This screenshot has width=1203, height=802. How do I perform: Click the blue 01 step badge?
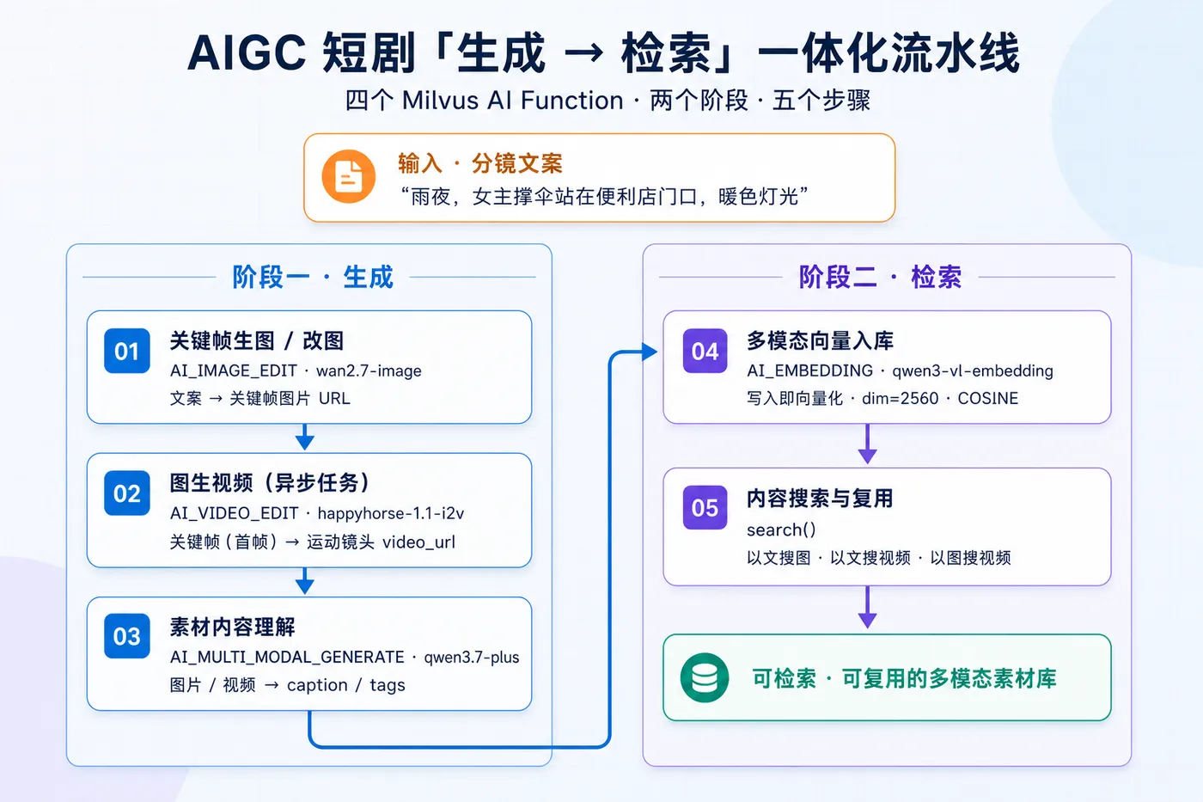pyautogui.click(x=127, y=351)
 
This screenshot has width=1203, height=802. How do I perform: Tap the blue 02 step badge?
pyautogui.click(x=127, y=493)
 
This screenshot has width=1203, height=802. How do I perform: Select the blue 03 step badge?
pyautogui.click(x=127, y=636)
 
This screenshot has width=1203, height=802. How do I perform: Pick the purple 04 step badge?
pyautogui.click(x=705, y=351)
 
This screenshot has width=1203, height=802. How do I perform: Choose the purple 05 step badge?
pyautogui.click(x=705, y=508)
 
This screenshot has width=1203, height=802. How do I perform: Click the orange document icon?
pyautogui.click(x=349, y=176)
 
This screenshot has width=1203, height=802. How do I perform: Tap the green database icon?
pyautogui.click(x=705, y=678)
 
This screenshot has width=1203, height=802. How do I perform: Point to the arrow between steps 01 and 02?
pyautogui.click(x=305, y=437)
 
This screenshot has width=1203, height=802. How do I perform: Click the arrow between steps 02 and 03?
pyautogui.click(x=305, y=581)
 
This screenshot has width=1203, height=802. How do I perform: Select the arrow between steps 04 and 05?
pyautogui.click(x=868, y=444)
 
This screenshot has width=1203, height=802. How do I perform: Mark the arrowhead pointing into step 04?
pyautogui.click(x=650, y=352)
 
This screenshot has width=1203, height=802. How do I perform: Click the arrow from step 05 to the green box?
pyautogui.click(x=868, y=607)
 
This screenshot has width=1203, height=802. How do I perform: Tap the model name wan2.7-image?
pyautogui.click(x=369, y=370)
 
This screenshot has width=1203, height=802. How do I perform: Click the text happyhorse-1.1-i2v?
pyautogui.click(x=391, y=513)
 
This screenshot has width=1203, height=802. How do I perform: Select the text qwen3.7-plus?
pyautogui.click(x=472, y=657)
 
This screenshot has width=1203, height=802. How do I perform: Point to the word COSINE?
pyautogui.click(x=988, y=398)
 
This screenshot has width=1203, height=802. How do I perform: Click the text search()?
pyautogui.click(x=781, y=530)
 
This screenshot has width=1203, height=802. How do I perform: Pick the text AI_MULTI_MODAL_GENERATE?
pyautogui.click(x=287, y=657)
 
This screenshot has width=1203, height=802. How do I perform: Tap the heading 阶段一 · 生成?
pyautogui.click(x=313, y=277)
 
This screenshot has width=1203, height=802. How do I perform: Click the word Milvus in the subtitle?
pyautogui.click(x=440, y=101)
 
